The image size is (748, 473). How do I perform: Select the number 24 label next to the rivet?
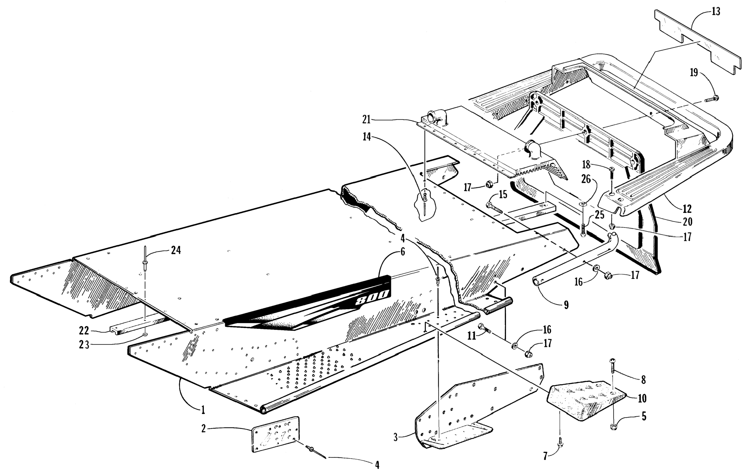point(176,250)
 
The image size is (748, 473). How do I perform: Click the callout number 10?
point(642,398)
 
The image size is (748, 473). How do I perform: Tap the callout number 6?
point(403,252)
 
